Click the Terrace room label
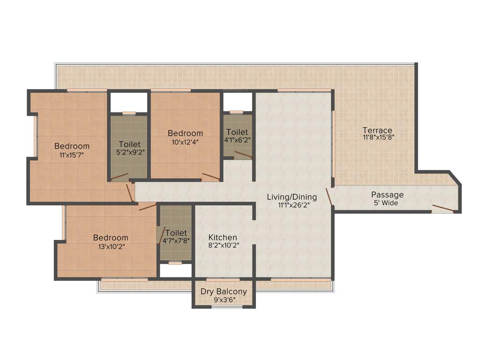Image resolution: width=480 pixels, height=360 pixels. [x=377, y=130]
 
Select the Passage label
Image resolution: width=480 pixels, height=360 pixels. [x=387, y=195]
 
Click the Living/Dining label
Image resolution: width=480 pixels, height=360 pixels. [x=292, y=197]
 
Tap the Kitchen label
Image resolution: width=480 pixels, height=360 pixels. [x=223, y=238]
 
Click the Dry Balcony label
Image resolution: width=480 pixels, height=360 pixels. [x=224, y=292]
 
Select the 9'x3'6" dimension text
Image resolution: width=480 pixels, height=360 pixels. [x=224, y=300]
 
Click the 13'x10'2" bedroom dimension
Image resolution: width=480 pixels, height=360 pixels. [x=111, y=246]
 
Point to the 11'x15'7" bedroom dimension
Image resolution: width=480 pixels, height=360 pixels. [x=72, y=154]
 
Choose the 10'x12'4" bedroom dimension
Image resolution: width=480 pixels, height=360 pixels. [x=186, y=142]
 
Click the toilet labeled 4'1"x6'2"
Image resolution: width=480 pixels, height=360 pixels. [x=237, y=136]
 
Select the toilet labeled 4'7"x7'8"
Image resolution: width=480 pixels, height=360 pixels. [x=176, y=237]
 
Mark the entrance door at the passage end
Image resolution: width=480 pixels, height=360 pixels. [x=442, y=209]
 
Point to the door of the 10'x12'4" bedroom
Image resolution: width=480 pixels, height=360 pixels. [x=211, y=177]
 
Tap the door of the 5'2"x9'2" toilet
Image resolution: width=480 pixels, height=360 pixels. [x=119, y=177]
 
